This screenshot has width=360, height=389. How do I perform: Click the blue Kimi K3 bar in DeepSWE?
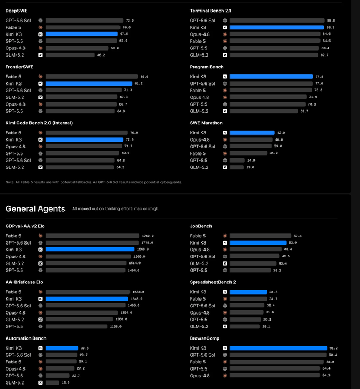[x=82, y=34]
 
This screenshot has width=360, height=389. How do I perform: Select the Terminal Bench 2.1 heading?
[x=210, y=11]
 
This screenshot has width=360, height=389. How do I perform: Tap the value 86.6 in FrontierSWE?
[x=144, y=77]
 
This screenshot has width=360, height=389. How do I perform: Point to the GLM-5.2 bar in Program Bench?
[x=264, y=111]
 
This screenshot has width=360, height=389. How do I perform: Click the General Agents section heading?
[x=35, y=208]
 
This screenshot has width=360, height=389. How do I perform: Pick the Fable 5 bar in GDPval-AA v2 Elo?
[x=92, y=236]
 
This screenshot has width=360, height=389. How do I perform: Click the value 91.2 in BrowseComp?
[x=334, y=348]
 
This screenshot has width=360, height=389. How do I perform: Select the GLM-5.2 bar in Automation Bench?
[x=52, y=382]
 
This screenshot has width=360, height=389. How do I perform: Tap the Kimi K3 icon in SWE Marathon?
[x=225, y=133]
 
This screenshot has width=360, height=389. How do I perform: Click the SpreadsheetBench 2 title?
[x=213, y=282]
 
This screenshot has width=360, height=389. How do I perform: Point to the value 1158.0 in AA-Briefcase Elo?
[x=116, y=327]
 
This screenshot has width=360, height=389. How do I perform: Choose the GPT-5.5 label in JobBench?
[x=198, y=270]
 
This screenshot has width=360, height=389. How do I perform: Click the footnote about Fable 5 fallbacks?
[x=94, y=182]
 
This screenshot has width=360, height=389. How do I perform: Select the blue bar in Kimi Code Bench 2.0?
[x=84, y=139]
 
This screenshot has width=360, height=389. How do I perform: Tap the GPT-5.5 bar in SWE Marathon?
[x=237, y=161]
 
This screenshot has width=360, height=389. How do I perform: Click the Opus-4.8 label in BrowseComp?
[x=199, y=376]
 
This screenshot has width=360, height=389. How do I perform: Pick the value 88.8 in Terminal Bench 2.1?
[x=331, y=21]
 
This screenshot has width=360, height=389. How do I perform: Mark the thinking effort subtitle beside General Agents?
[x=116, y=208]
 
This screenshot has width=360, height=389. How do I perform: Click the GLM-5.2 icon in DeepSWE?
[x=41, y=55]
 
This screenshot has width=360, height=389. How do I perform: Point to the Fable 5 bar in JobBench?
[x=261, y=236]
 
